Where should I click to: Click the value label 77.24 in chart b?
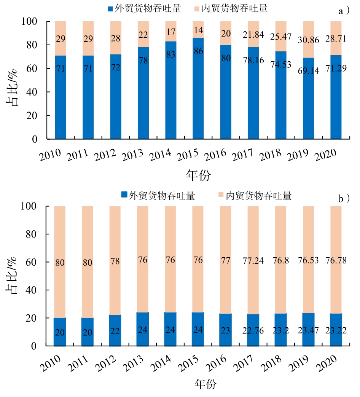(253, 261)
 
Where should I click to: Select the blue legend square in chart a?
(110, 8)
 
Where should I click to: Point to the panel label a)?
(344, 11)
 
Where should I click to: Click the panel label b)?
(344, 199)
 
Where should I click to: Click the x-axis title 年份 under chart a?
(198, 175)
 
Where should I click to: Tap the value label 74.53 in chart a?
(281, 64)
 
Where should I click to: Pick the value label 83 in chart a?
(171, 54)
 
